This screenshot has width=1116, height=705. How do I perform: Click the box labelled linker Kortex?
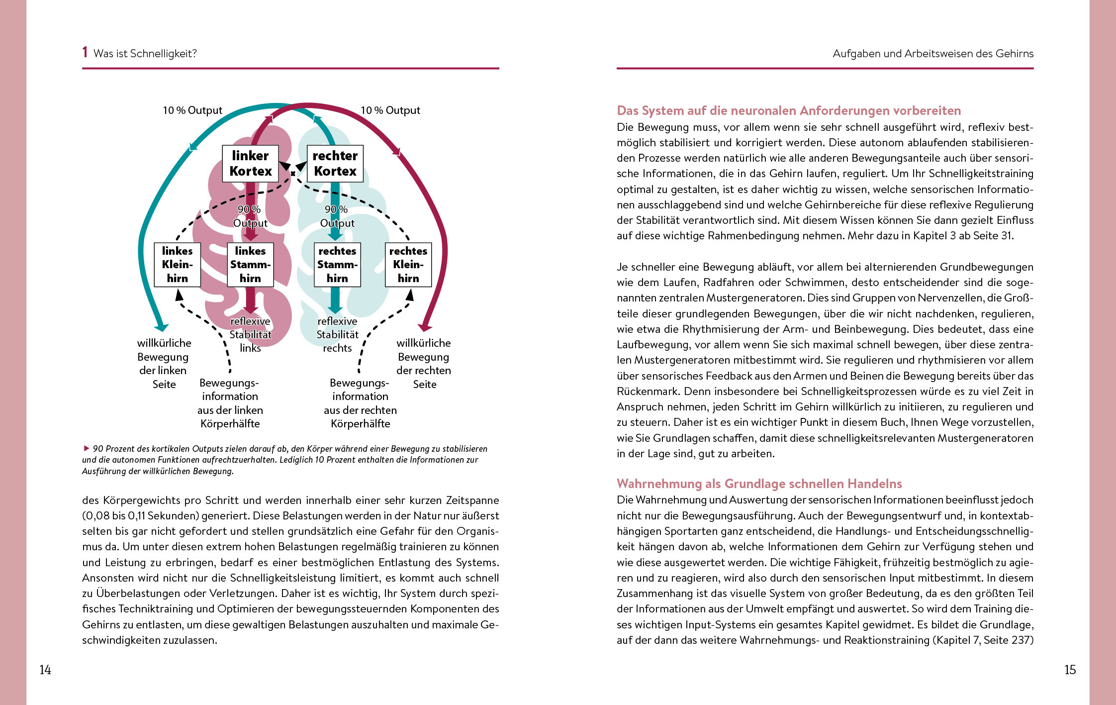coord(250,164)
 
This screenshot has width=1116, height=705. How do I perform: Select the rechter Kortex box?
coord(335,164)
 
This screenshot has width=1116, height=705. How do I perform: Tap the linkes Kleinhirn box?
coord(177,265)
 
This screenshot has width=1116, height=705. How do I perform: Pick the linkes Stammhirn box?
coord(250,265)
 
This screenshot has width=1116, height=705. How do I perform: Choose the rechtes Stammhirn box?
coord(337,265)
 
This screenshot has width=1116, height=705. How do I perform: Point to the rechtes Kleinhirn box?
coord(408,265)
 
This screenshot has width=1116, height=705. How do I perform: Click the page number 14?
coord(45,670)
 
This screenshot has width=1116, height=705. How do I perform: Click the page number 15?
coord(1070,670)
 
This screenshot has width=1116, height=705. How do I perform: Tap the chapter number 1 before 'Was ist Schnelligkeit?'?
coord(85,52)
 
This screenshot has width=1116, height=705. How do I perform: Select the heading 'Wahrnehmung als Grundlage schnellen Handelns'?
coord(759,484)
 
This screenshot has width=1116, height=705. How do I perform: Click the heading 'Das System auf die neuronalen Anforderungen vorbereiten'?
coord(789,110)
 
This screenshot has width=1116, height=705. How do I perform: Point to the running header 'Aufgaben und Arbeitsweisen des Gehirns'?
coord(933,54)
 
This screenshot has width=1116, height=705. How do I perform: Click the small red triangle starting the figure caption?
coord(87,448)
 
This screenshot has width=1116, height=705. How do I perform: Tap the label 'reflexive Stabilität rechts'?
coord(337,334)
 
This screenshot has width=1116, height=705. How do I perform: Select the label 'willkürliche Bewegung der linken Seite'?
coord(164,363)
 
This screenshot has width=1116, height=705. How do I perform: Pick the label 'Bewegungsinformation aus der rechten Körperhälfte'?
coord(360,403)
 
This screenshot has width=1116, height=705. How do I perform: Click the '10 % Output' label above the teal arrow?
coord(192,110)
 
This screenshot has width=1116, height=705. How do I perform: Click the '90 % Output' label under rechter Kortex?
coord(337,216)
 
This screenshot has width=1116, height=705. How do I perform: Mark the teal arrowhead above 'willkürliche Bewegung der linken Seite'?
coord(161,327)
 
